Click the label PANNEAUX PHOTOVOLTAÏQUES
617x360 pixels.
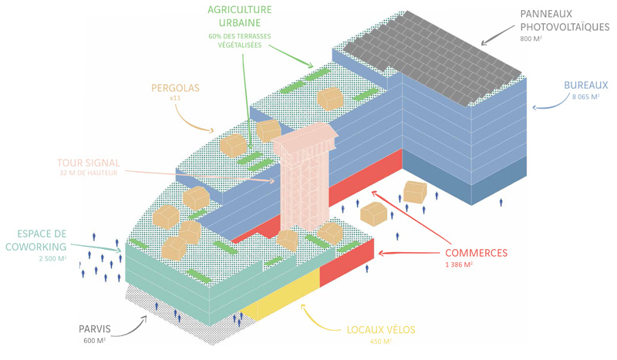point(564,20)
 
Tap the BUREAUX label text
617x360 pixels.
point(586,86)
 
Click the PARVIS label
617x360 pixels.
point(94,329)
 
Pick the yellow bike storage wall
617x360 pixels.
point(285,297)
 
